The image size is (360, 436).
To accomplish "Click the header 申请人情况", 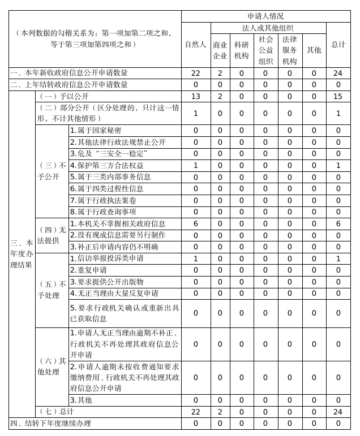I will (x=266, y=16).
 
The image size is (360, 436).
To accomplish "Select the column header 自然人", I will (x=196, y=44).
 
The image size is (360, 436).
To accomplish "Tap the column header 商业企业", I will (x=220, y=50).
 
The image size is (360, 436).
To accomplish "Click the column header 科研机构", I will (x=241, y=50).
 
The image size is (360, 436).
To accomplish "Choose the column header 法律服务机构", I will (x=289, y=50).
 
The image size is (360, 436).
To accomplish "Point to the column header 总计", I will (x=338, y=44).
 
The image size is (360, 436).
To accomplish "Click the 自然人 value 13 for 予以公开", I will (x=196, y=96).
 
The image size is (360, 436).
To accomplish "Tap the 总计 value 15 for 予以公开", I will (x=338, y=96).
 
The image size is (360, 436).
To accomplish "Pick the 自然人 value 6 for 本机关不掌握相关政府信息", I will (x=196, y=224).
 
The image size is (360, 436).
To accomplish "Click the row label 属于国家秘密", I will (x=96, y=131).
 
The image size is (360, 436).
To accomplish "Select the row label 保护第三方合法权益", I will (x=107, y=165).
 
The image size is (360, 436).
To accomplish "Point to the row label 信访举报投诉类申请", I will (x=107, y=258).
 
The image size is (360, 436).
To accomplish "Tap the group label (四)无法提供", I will (x=52, y=235).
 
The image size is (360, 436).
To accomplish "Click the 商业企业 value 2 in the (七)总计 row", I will (x=220, y=412).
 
